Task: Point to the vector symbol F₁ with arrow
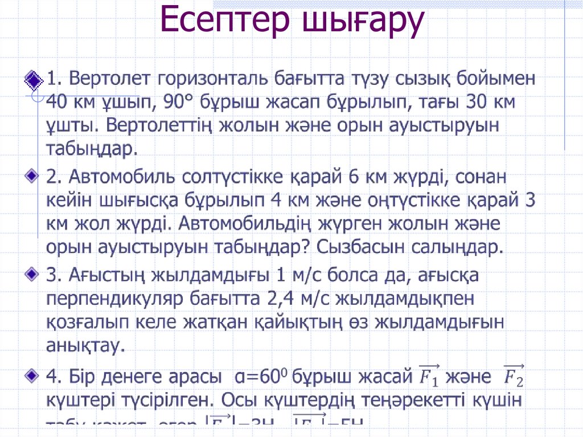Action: (429, 375)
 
